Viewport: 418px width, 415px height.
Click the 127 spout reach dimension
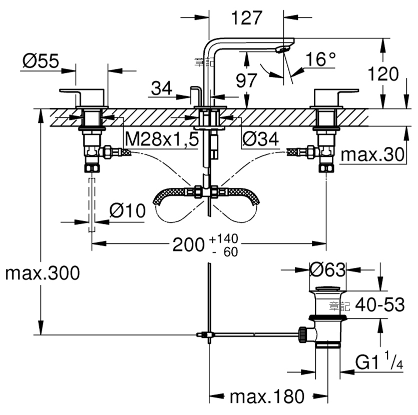coord(247,18)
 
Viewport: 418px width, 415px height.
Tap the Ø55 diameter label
coord(41,60)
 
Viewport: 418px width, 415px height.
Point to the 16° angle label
coord(320,59)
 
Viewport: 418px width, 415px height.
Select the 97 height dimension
coord(246,80)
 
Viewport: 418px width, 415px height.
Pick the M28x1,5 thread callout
coord(162,138)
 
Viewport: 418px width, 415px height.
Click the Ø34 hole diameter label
coord(261,138)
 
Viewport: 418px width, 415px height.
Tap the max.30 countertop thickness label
coord(372,154)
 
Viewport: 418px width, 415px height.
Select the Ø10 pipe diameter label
coord(128,210)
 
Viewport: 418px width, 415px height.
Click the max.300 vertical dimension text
coord(43,273)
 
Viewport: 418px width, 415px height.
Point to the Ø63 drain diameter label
coord(327,269)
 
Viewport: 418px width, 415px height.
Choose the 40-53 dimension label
coord(380,304)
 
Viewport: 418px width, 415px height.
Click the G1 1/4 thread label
coord(379,360)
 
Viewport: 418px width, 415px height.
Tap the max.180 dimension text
coord(267,396)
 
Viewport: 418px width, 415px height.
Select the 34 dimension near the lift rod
coord(162,88)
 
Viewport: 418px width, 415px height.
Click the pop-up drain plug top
coord(327,288)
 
